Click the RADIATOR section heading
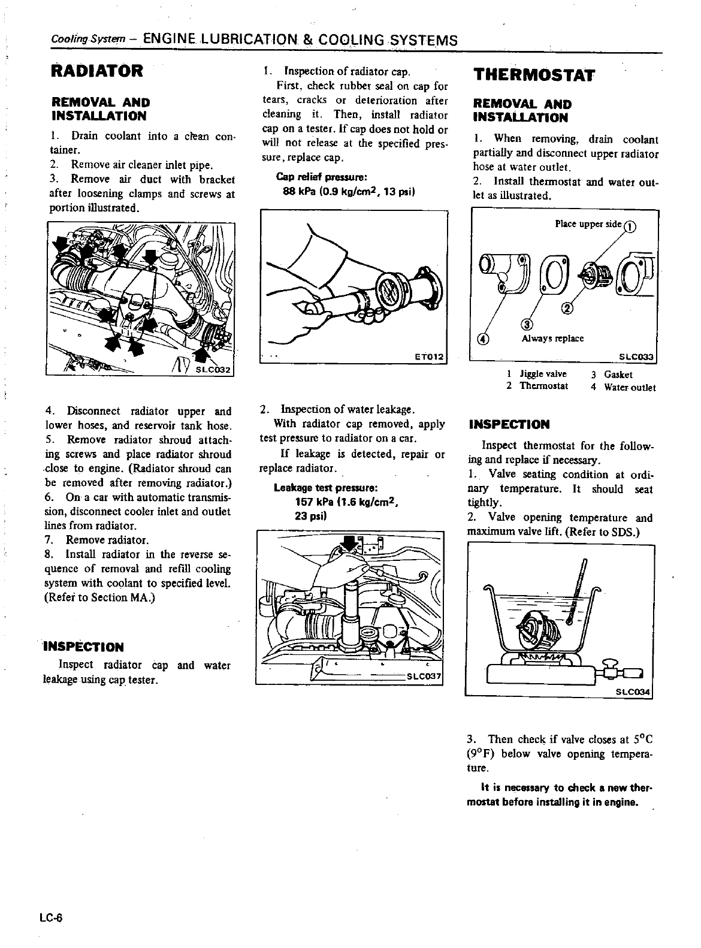(x=96, y=71)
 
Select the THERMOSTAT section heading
(x=534, y=75)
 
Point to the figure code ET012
(x=428, y=357)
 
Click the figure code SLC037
(x=424, y=677)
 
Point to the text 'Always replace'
(x=552, y=338)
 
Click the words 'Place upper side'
(x=588, y=224)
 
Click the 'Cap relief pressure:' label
(x=321, y=177)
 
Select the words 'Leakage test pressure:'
(x=324, y=488)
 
